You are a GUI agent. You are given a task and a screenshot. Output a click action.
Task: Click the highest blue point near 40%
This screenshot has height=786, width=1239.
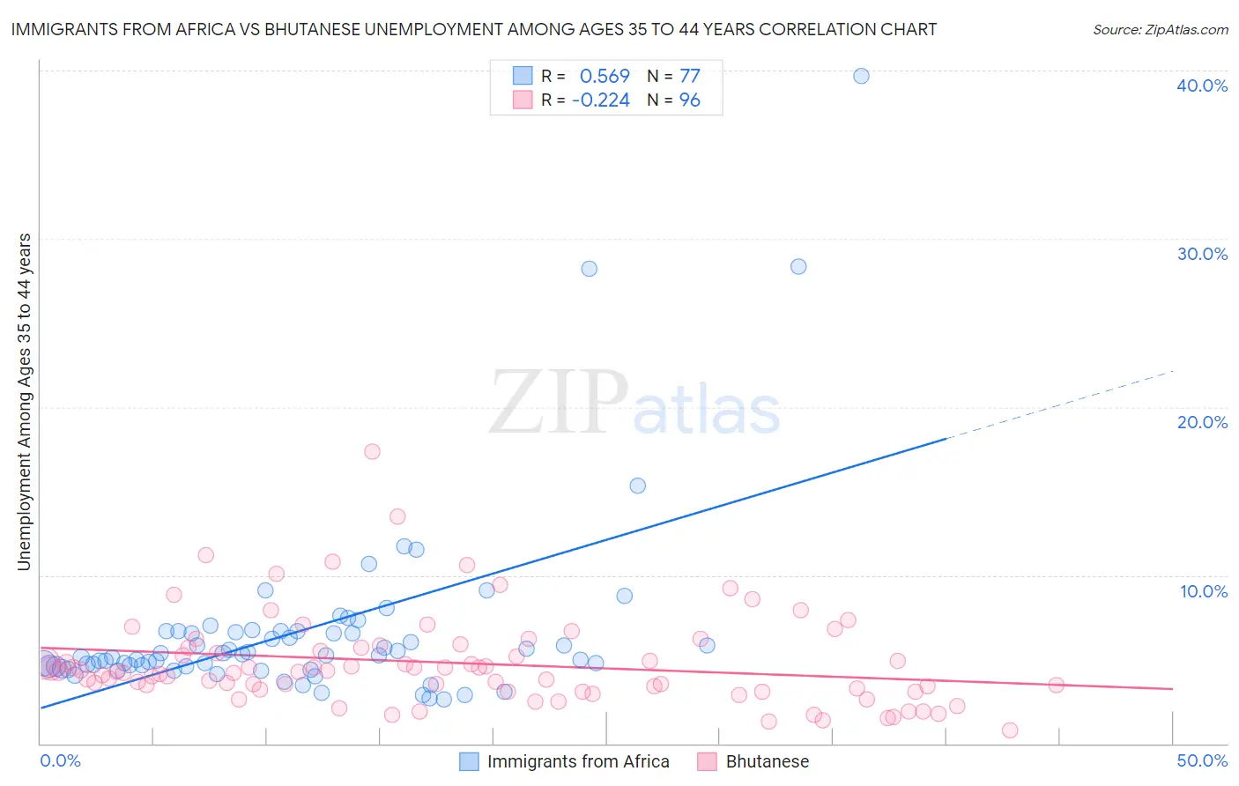(861, 76)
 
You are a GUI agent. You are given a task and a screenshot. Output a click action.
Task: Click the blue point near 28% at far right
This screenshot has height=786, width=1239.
(798, 266)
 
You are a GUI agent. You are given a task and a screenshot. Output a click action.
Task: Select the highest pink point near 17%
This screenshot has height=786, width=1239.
(372, 451)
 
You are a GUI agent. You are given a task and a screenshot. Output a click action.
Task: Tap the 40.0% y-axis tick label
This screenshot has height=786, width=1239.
(1202, 85)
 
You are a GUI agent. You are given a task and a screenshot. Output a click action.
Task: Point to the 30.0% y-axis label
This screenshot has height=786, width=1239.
(1202, 254)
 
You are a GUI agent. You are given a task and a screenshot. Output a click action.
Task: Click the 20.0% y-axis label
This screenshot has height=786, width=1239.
(1202, 422)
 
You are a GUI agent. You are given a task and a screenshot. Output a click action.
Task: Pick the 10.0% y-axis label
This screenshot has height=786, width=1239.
(1204, 591)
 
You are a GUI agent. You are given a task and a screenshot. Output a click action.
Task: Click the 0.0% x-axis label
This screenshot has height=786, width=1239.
(60, 760)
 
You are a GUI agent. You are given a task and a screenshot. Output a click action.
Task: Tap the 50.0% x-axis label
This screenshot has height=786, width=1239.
(1202, 760)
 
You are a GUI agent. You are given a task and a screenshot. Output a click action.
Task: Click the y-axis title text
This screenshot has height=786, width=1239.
(25, 402)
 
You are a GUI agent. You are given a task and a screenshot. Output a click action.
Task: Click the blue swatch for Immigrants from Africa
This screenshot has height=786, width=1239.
(469, 761)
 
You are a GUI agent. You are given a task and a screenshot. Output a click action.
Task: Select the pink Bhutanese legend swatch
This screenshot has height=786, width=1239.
(707, 761)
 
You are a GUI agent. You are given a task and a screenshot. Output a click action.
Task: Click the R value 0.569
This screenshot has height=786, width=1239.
(605, 76)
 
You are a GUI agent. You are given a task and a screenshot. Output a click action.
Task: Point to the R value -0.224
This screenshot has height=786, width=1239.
(601, 100)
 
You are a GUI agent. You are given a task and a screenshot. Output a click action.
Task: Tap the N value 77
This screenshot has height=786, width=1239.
(689, 76)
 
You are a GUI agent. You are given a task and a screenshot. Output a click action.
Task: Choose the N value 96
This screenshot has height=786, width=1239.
(689, 100)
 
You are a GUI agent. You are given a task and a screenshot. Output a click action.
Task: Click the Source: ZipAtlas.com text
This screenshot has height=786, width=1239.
(1160, 29)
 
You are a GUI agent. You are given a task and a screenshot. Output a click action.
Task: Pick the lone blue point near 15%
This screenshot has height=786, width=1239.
(637, 486)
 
